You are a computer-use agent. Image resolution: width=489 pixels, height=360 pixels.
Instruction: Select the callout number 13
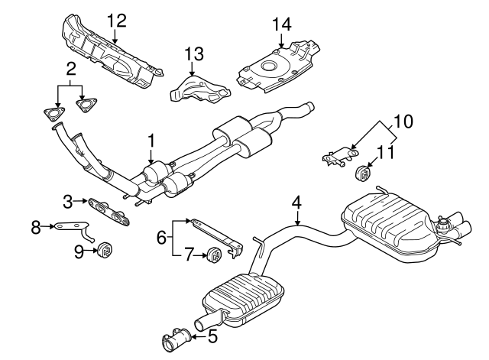(x=195, y=54)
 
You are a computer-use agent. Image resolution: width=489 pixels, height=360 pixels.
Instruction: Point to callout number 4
(x=297, y=203)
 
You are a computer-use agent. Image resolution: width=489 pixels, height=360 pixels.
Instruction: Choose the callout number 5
(x=212, y=336)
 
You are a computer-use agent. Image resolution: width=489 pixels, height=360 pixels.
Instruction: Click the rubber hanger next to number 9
(x=105, y=248)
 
